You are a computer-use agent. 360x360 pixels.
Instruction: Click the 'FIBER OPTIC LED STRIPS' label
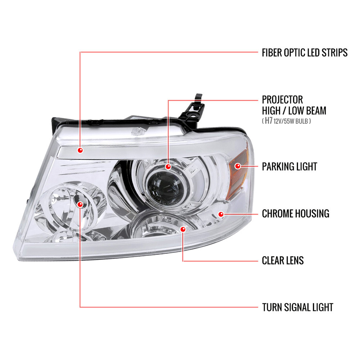pos(305,53)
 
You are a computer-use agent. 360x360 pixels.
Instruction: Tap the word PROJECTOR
pos(282,100)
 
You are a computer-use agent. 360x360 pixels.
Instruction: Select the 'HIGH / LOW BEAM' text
pos(294,111)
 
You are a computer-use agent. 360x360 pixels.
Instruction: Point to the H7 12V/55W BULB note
pos(286,121)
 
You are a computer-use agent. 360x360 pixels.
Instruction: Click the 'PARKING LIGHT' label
pos(289,167)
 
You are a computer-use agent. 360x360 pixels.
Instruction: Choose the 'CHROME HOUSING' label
pos(296,213)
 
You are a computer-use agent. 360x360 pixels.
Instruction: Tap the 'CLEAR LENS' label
pos(283,261)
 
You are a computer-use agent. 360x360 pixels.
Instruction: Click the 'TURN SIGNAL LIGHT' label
pos(298,307)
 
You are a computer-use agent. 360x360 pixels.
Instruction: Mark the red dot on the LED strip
pos(80,150)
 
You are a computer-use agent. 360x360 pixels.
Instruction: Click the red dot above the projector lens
pos(168,167)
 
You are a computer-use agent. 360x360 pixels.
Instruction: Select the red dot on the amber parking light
pos(238,166)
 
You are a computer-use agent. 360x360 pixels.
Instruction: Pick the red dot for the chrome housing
pos(221,214)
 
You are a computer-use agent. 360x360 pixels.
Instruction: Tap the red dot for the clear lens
pos(183,229)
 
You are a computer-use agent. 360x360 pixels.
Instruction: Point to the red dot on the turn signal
pos(80,204)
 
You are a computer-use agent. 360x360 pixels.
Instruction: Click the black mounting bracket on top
pos(193,110)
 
